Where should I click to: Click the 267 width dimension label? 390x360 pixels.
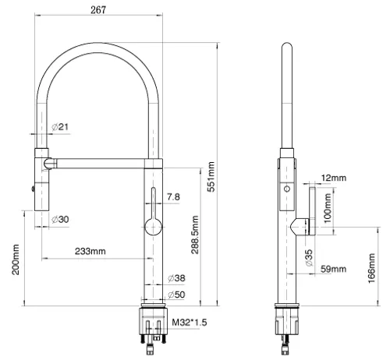98,10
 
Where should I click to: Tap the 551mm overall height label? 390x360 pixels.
211,177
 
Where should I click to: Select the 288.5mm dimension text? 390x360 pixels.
195,235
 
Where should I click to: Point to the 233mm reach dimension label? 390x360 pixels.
90,251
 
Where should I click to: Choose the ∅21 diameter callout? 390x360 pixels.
60,127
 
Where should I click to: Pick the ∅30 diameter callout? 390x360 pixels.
60,220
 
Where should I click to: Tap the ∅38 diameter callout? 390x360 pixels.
176,278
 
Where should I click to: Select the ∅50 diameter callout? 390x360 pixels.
176,295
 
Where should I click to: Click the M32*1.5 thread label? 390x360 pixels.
190,323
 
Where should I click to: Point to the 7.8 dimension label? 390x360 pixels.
173,197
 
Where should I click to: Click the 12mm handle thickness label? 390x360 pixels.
334,178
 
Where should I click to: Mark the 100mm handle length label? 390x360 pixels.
328,208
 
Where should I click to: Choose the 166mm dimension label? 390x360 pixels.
371,268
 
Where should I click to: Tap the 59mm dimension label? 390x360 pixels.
334,269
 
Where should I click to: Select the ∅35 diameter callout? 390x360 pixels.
309,258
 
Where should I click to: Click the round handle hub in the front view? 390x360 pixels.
153,227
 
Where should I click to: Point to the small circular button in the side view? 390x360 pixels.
287,189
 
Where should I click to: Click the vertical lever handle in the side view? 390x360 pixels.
312,211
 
